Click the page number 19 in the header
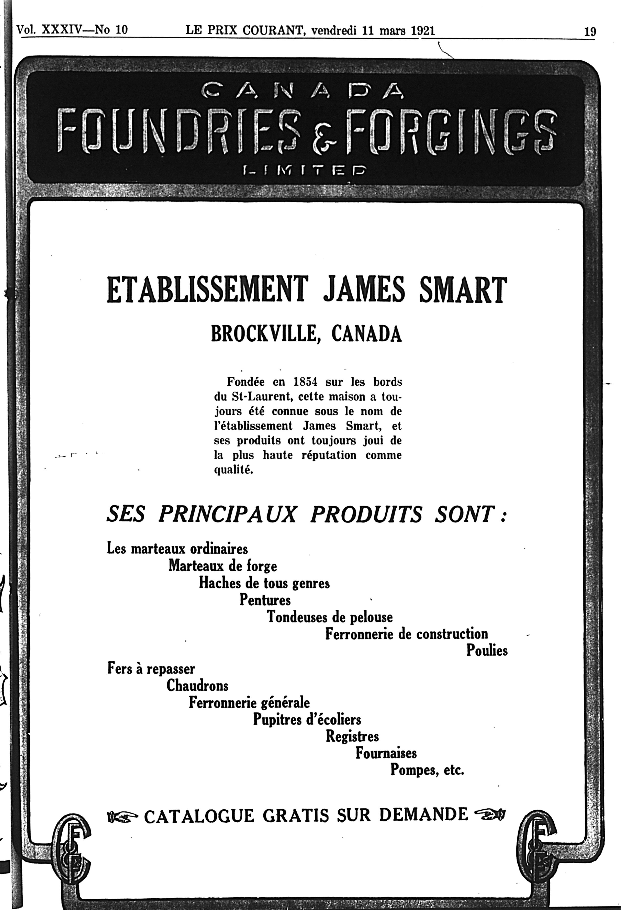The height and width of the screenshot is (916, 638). point(590,31)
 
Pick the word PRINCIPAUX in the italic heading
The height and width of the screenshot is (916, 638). point(227,515)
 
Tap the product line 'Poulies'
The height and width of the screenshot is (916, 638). point(487,651)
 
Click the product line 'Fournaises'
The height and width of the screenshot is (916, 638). point(386,753)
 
